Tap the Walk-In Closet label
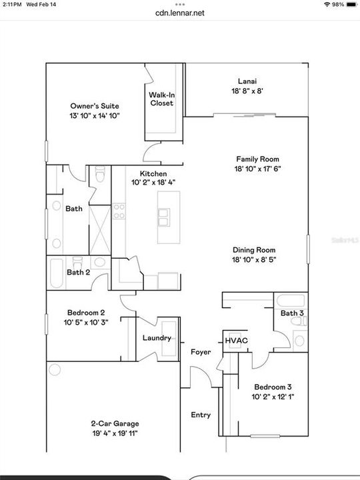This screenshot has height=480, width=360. click(x=161, y=99)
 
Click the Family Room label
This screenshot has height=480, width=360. click(x=257, y=159)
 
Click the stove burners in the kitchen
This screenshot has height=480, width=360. click(x=119, y=211)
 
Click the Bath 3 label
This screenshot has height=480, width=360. click(x=291, y=313)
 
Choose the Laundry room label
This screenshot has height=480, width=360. click(x=157, y=338)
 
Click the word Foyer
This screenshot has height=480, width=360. click(x=201, y=352)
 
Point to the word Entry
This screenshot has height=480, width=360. click(x=201, y=415)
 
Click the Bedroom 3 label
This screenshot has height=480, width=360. click(x=271, y=387)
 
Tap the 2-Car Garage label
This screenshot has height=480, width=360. click(x=115, y=423)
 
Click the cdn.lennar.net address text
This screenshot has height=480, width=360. click(x=179, y=12)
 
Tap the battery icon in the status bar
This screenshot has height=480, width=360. click(x=349, y=4)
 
